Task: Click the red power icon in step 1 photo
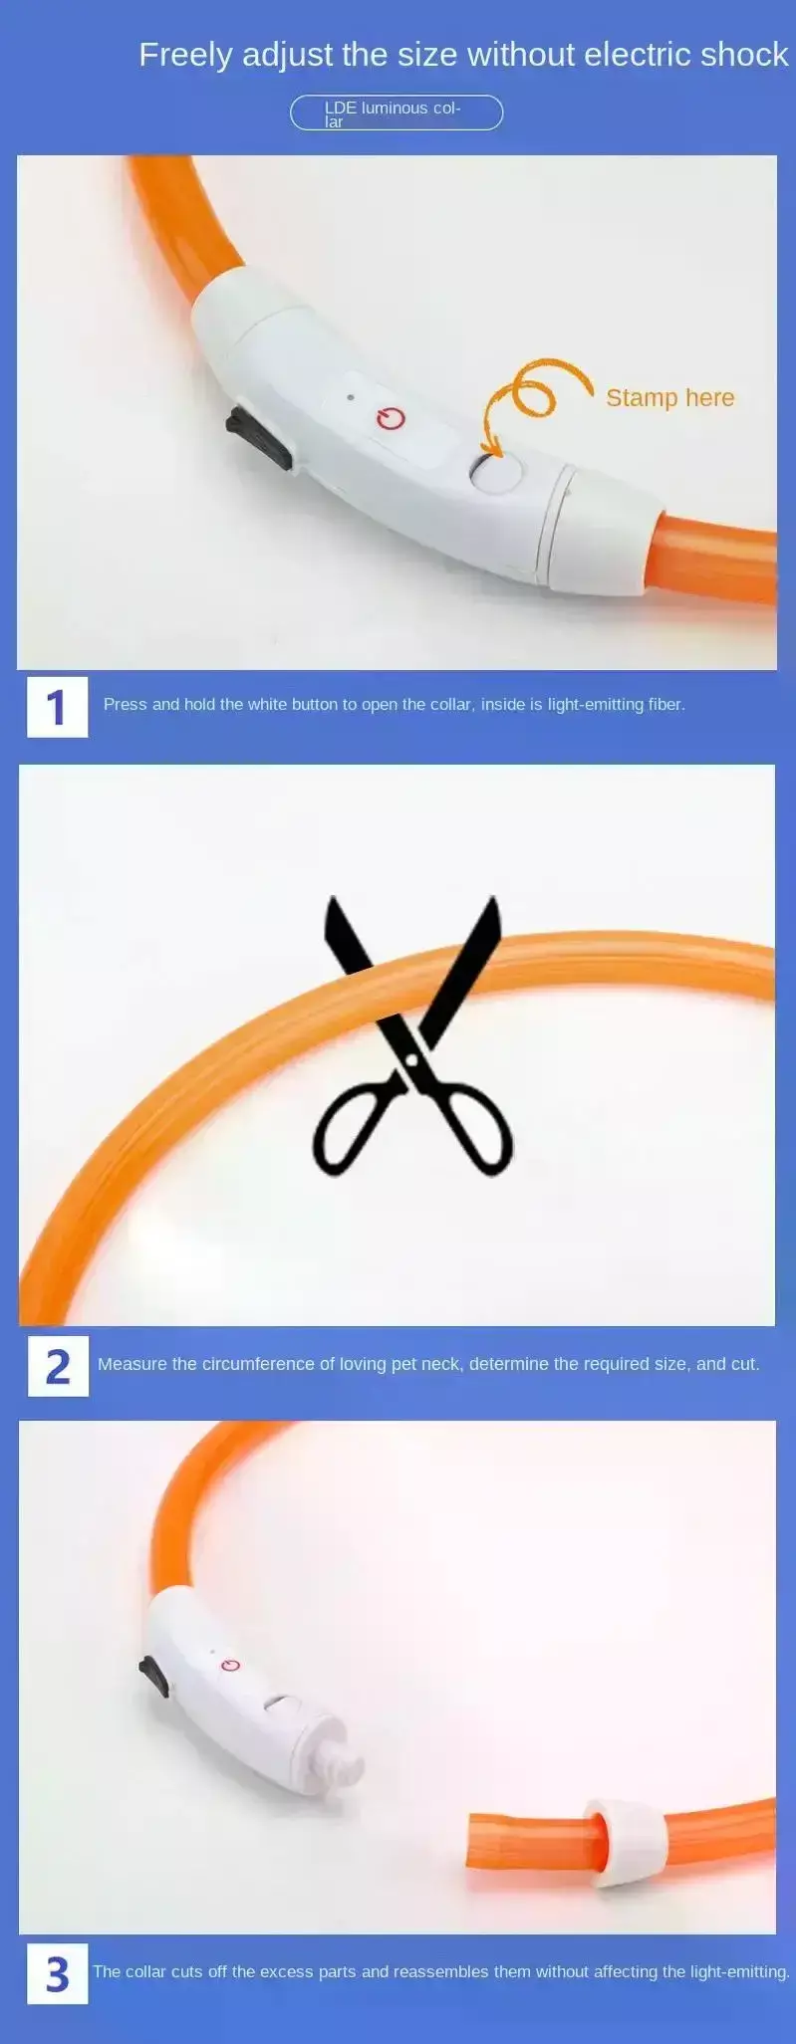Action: [391, 418]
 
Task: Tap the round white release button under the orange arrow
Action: [497, 471]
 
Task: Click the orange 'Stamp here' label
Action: [669, 397]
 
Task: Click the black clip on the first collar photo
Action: [258, 437]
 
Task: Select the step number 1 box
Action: [57, 707]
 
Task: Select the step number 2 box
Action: [58, 1366]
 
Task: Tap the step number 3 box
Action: [58, 1973]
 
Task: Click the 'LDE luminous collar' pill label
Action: [397, 113]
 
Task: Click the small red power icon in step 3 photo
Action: [231, 1666]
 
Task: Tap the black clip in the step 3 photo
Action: [155, 1676]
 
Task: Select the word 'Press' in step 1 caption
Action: [126, 705]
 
